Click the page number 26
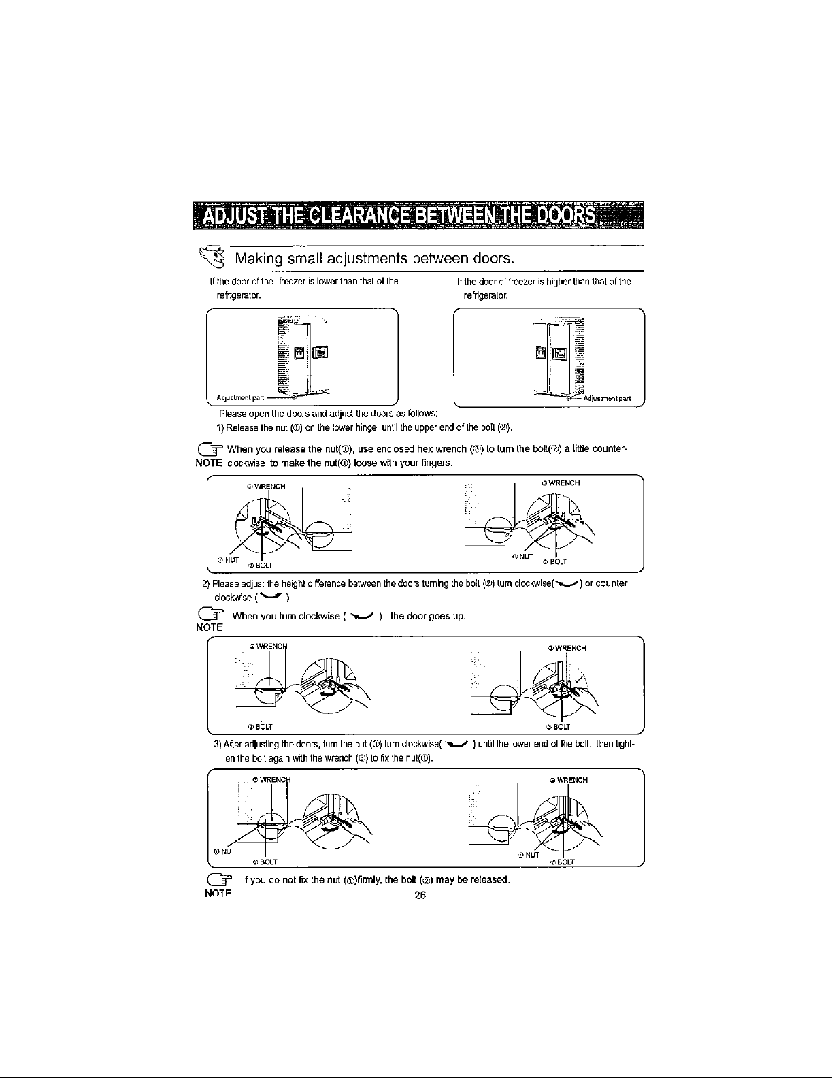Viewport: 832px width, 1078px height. (x=420, y=896)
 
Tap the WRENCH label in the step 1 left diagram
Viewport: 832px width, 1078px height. (x=268, y=486)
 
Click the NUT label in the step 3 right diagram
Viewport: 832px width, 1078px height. (x=531, y=854)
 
